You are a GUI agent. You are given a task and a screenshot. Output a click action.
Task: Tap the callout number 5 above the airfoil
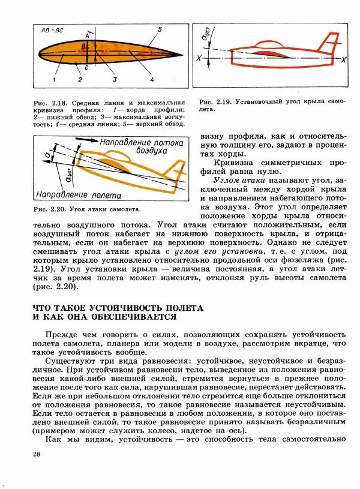pyautogui.click(x=160, y=29)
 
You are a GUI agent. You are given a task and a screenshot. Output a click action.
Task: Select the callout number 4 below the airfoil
pyautogui.click(x=152, y=79)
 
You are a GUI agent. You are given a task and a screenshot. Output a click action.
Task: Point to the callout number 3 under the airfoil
pyautogui.click(x=115, y=79)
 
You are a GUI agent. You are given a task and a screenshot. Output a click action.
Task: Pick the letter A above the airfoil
pyautogui.click(x=86, y=37)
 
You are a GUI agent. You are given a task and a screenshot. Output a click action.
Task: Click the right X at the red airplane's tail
pyautogui.click(x=343, y=61)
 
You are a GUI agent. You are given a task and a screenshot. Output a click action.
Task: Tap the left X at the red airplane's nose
pyautogui.click(x=198, y=58)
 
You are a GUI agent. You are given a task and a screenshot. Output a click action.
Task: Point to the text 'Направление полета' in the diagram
pyautogui.click(x=78, y=195)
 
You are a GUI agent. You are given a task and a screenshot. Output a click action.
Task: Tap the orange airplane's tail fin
pyautogui.click(x=176, y=171)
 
